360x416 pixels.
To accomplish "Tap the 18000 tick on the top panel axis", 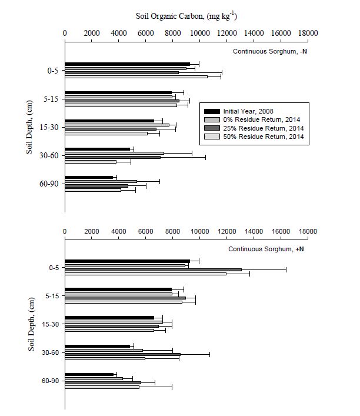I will pos(308,34).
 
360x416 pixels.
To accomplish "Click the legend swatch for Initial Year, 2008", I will pos(212,111).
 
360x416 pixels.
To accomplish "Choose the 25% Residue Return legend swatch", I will pos(212,128).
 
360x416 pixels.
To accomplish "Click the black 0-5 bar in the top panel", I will pos(127,64).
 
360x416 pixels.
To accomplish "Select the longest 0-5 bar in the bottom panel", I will pos(153,269).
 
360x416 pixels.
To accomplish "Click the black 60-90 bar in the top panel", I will pos(89,177).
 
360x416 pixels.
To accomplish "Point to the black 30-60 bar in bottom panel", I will pos(97,346).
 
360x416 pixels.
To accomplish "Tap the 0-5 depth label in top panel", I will pos(53,71).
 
